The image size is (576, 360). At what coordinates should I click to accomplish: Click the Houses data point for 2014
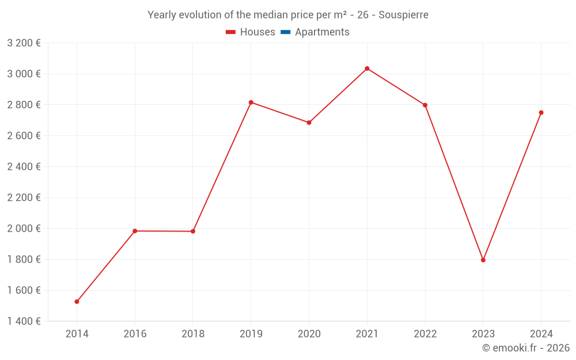(x=77, y=301)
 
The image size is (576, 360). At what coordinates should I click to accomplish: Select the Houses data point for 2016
(x=135, y=231)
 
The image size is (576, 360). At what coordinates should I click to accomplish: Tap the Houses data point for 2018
(x=193, y=232)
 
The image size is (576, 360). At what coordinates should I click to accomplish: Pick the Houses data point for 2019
(x=251, y=102)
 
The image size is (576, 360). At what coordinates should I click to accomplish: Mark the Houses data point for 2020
(x=309, y=123)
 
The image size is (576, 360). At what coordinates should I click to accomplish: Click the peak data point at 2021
(x=367, y=69)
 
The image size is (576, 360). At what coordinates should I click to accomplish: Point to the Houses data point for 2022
(x=425, y=105)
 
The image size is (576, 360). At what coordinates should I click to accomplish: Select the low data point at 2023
(x=483, y=260)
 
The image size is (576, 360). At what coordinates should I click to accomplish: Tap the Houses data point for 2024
(x=541, y=112)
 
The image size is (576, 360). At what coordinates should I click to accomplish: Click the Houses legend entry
(x=251, y=32)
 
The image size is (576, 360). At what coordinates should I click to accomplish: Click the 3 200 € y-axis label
(x=24, y=43)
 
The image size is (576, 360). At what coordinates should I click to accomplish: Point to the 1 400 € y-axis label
(x=24, y=321)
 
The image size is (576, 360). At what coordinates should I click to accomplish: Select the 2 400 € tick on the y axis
(x=24, y=166)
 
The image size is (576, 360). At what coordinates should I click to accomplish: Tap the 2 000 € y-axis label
(x=24, y=228)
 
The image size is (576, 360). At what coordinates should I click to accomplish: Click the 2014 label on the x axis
(x=77, y=334)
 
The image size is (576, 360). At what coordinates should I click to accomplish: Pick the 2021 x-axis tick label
(x=367, y=334)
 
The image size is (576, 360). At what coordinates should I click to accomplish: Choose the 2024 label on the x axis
(x=541, y=334)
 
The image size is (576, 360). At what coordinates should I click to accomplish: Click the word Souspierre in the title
(x=403, y=15)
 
